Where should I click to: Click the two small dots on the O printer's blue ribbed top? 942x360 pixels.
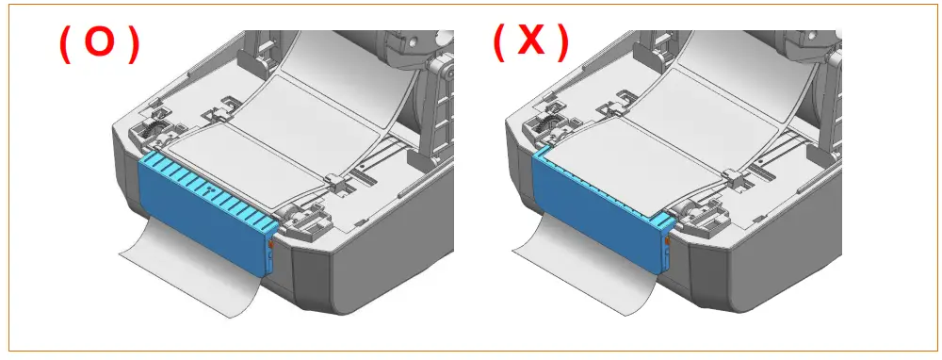pos(208,188)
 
